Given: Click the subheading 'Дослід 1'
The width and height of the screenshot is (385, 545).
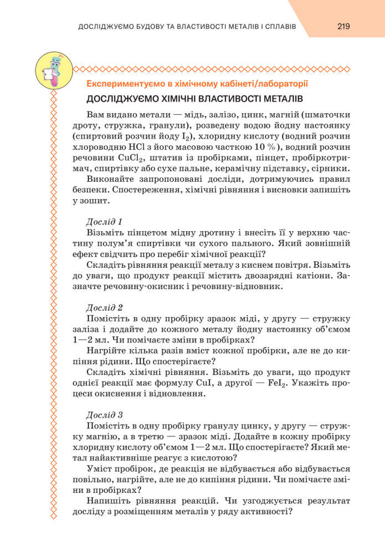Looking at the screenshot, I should [105, 221].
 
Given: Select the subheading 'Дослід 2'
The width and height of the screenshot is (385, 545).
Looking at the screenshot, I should [105, 307].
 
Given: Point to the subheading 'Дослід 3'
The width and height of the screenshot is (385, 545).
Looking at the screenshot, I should [105, 414].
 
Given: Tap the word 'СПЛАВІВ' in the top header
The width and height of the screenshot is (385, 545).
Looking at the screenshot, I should [281, 26].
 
